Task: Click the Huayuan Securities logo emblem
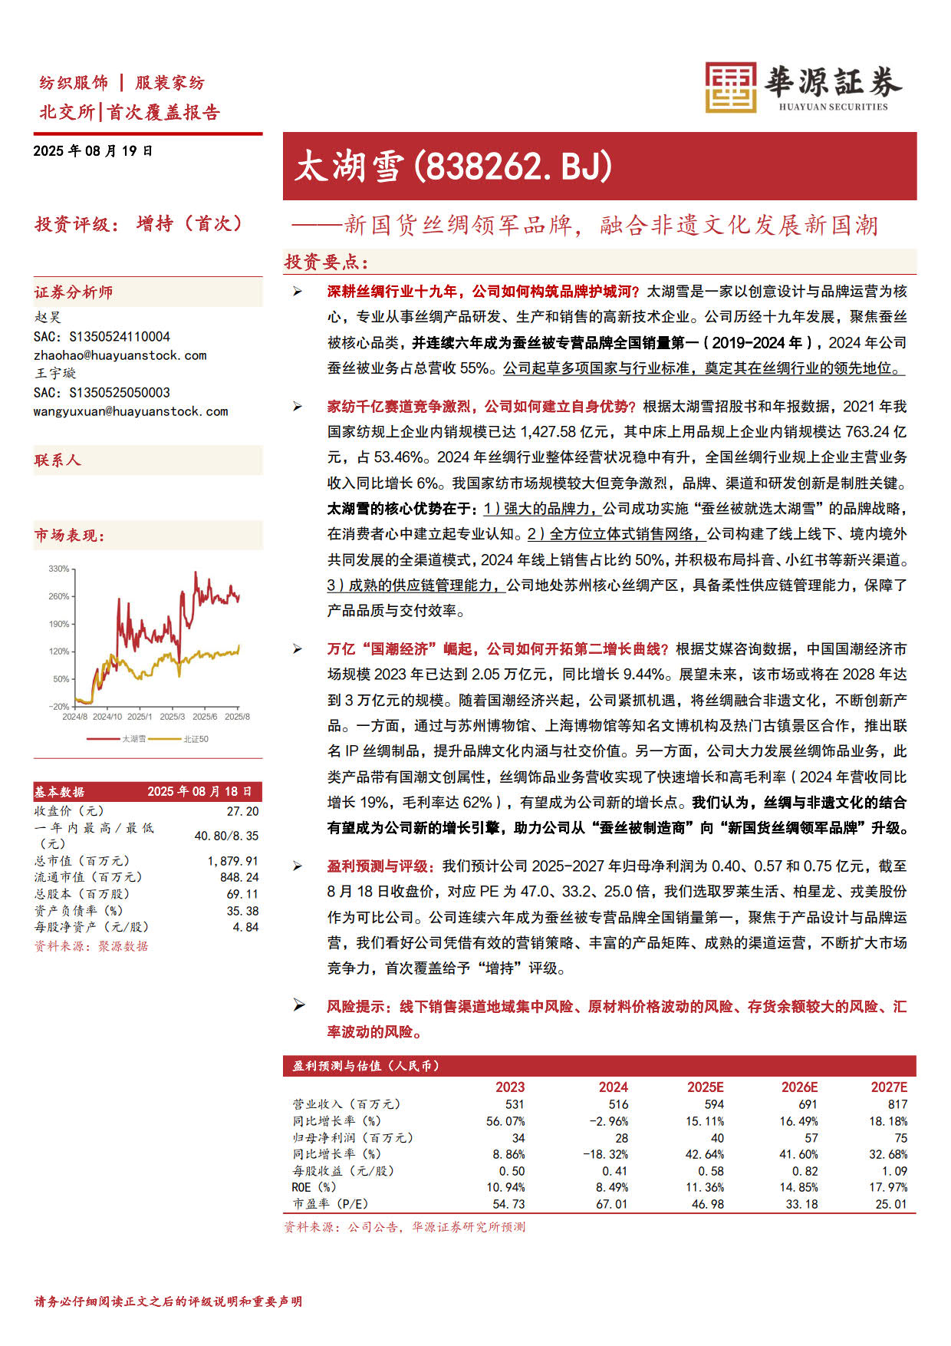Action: point(730,87)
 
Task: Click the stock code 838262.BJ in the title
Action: point(513,166)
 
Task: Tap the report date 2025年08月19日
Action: point(93,151)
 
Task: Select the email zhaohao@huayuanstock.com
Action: point(120,355)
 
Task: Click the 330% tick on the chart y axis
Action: point(59,569)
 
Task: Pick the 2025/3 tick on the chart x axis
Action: point(172,717)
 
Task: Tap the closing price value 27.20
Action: point(242,811)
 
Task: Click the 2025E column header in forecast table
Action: point(705,1087)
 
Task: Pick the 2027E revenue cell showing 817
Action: point(897,1104)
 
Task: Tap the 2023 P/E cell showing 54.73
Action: point(508,1204)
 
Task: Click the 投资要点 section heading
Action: point(326,262)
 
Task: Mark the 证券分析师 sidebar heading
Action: point(74,292)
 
